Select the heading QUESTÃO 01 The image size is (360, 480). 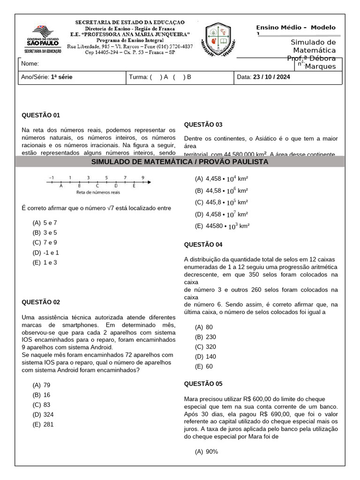(41, 115)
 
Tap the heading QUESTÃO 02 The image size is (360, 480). (41, 302)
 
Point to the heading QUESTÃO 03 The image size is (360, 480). (203, 125)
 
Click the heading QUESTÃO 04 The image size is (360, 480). (203, 245)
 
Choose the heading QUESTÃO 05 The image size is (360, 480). (203, 384)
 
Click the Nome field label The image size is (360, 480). (30, 64)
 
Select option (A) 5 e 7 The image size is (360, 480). (45, 223)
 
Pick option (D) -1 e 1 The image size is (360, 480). (45, 253)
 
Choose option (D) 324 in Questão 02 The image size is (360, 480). (43, 415)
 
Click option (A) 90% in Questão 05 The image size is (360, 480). (207, 452)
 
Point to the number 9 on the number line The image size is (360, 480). (143, 178)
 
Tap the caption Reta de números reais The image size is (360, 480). (98, 193)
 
